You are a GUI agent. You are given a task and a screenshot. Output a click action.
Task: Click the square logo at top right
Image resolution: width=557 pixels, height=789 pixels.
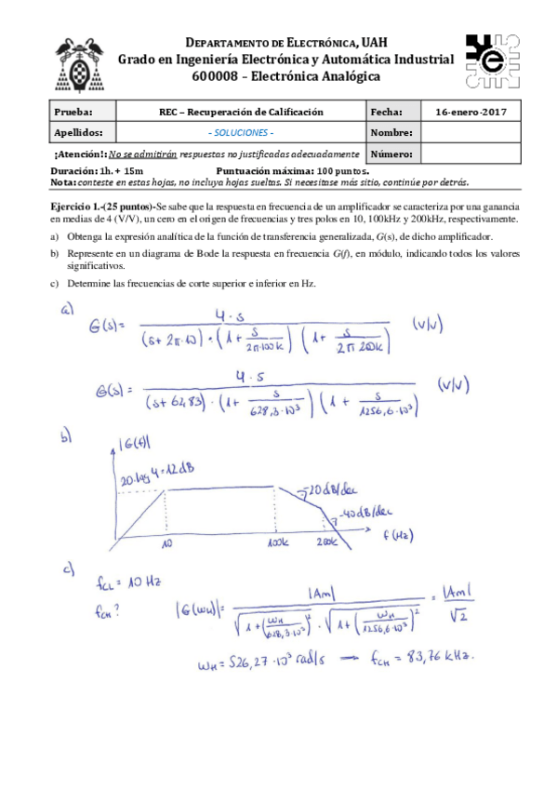pos(487,60)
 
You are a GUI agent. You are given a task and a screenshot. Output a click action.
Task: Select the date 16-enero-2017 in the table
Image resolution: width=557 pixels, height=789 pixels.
pos(471,112)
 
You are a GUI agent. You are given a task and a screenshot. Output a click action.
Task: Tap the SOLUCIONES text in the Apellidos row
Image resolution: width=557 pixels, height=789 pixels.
pos(240,132)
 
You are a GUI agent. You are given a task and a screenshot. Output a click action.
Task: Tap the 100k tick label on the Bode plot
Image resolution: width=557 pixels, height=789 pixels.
pos(276,542)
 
